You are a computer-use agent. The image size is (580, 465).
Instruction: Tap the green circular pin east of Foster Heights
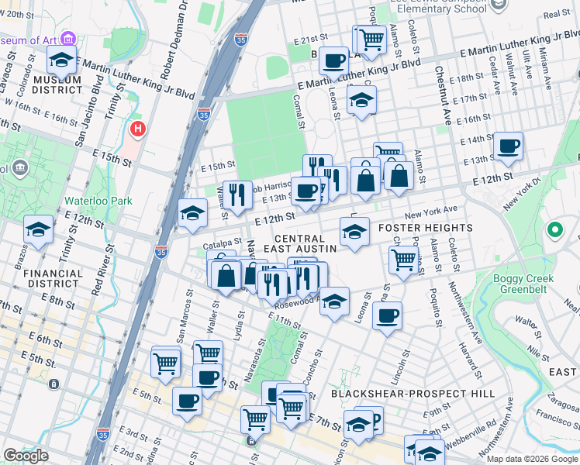point(554,230)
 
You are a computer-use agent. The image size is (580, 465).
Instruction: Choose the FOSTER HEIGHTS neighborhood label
point(426,228)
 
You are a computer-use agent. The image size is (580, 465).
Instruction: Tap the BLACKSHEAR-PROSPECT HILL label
point(413,394)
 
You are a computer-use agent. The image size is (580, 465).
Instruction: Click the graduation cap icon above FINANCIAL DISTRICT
point(38,229)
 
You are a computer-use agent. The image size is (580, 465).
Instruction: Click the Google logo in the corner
point(26,456)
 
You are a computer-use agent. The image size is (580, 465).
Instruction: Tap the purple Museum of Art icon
point(69,38)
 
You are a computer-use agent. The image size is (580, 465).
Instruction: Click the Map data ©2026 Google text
point(532,459)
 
